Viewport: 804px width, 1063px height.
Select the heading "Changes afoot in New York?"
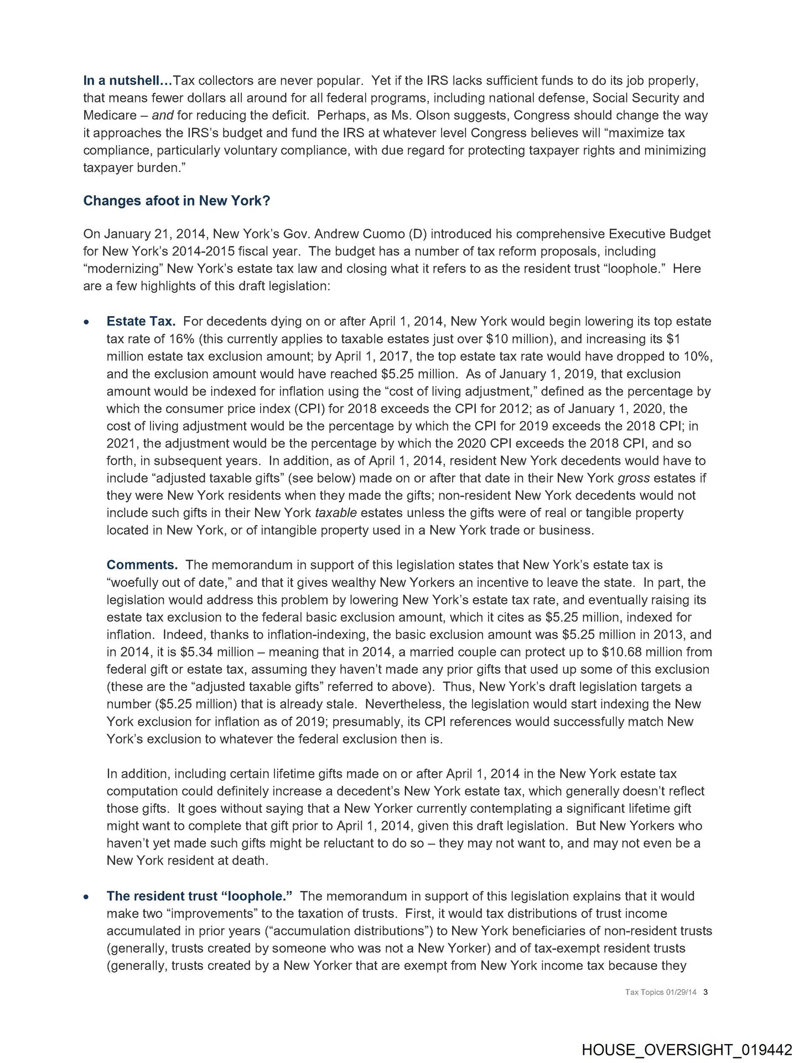[x=177, y=200]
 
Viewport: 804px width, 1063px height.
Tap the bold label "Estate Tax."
[x=141, y=322]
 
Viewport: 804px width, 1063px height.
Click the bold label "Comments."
[x=142, y=565]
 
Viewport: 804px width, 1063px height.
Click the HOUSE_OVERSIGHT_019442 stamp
[x=687, y=1050]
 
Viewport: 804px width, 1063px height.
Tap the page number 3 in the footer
[x=706, y=992]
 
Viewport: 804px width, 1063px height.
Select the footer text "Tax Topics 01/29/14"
[x=661, y=992]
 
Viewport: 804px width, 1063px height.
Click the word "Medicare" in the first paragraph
[x=110, y=116]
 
